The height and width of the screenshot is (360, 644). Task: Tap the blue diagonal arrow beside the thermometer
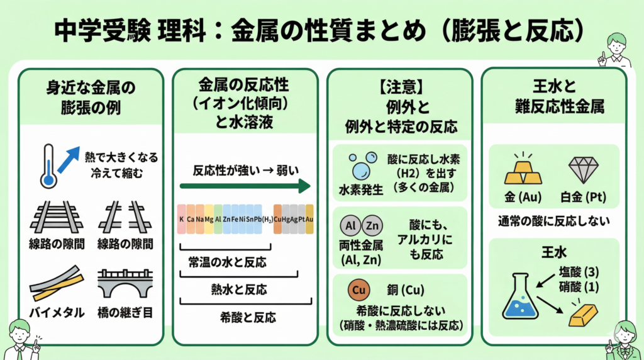coord(70,160)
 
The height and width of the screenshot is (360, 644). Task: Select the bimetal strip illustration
coord(55,284)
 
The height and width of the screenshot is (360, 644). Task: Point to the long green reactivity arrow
coord(245,186)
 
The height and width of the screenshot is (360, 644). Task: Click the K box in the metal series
coord(181,219)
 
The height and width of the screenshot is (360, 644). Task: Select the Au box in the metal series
coord(309,219)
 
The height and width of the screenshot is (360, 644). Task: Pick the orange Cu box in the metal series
coord(277,219)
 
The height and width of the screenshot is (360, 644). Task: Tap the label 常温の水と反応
coord(227,262)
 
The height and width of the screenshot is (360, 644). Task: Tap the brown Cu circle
coord(357,291)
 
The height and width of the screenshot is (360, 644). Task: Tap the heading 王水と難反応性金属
coord(553,96)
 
